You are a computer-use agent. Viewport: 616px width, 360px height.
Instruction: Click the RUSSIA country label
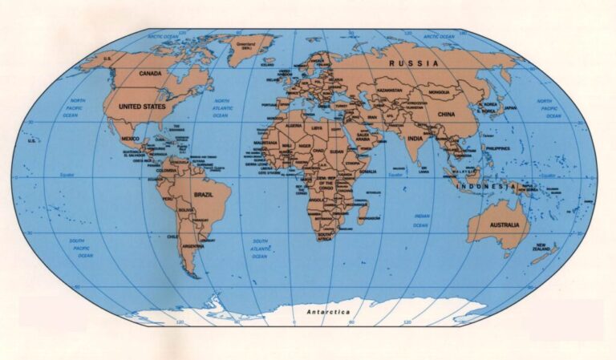pos(413,62)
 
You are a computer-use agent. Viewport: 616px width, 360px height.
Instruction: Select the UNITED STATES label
pos(140,105)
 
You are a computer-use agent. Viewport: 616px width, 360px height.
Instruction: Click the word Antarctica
pos(329,311)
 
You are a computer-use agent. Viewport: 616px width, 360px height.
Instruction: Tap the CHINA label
pos(446,115)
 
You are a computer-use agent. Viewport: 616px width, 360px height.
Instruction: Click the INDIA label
pos(415,138)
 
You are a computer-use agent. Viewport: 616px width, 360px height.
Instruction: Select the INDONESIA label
pos(486,186)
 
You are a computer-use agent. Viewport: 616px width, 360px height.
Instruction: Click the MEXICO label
pos(130,139)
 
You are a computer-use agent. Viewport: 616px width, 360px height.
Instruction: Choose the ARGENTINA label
pos(192,246)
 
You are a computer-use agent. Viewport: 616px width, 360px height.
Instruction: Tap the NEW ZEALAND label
pos(542,247)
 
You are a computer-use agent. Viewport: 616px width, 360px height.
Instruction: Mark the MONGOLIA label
pos(440,92)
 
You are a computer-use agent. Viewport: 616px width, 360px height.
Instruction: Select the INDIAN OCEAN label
pos(421,220)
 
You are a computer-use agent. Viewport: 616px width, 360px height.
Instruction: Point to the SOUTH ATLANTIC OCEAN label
pos(260,249)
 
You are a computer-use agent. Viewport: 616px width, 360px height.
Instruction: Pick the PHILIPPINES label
pos(498,149)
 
